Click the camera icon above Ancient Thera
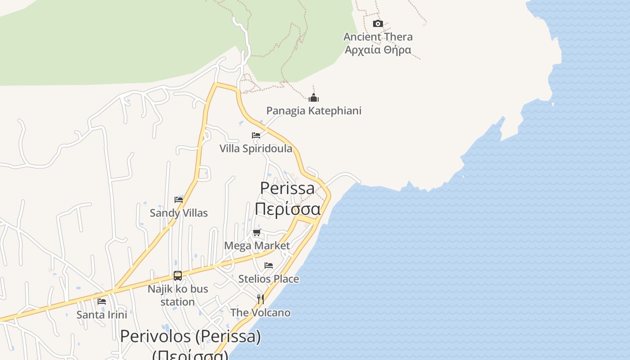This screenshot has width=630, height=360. pos(378,23)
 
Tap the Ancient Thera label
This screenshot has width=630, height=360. pos(378,37)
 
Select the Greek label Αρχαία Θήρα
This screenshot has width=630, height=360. pos(378,49)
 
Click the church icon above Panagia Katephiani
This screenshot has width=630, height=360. pos(314,97)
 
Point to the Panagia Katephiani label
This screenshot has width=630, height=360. pos(314,111)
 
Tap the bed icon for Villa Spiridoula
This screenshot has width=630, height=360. pos(256,135)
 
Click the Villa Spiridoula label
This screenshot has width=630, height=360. pos(256,148)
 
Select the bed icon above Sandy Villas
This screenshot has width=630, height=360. pos(179,199)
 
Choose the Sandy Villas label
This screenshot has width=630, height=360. pos(179,213)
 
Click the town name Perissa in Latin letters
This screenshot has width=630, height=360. pos(287,188)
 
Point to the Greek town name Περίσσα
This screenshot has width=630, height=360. pos(288,209)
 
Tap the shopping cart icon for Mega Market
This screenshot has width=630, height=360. pos(256,233)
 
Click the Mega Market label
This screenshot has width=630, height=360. pos(257,246)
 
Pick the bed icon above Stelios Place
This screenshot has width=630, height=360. pos(269,265)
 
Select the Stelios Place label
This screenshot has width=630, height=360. pos(268,279)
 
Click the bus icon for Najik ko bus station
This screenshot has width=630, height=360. pos(178,275)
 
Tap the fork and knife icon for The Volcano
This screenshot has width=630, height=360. pos(260,299)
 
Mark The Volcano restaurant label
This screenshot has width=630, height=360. pos(260,313)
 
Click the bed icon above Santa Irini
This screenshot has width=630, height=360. pos(102,301)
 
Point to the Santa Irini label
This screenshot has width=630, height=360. pos(102,315)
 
